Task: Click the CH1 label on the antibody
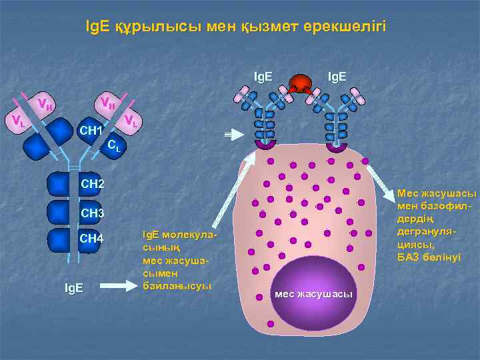point(90,129)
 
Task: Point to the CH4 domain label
point(92,239)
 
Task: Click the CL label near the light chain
point(115,144)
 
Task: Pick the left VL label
point(18,121)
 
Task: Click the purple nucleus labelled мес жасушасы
point(313,288)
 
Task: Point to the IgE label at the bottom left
point(74,287)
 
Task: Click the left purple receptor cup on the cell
point(266,145)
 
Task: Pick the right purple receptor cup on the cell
point(337,146)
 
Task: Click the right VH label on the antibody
point(106,102)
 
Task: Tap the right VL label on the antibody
point(131,121)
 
